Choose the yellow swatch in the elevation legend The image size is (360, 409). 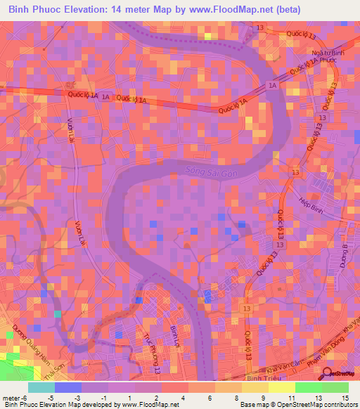(x=281, y=387)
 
